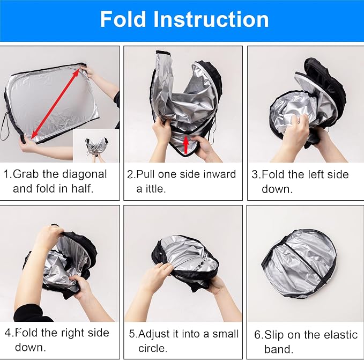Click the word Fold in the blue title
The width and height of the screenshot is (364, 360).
tap(123, 19)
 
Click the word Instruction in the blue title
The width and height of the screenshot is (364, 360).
tap(211, 19)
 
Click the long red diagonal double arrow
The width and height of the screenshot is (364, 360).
tap(55, 104)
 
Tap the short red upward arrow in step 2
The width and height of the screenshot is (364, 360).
tap(185, 145)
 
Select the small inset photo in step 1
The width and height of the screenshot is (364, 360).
tap(96, 146)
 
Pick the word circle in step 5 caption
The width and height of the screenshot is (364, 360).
tap(153, 349)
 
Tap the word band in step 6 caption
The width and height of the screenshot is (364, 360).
tap(279, 349)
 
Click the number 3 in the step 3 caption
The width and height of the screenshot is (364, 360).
tap(255, 175)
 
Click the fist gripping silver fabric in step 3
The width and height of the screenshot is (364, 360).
tap(296, 130)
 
